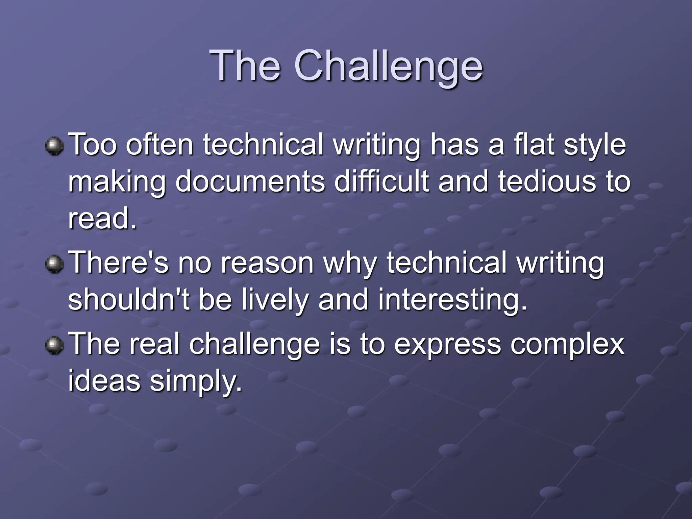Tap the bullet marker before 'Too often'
(54, 146)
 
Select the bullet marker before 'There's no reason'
(54, 264)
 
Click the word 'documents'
(250, 182)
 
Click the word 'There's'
(118, 263)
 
